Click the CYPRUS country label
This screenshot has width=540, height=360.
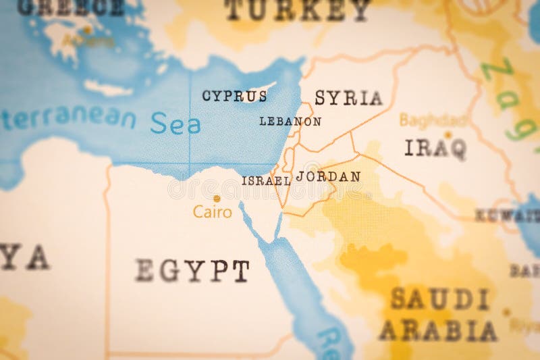234,96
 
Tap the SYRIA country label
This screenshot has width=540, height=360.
348,98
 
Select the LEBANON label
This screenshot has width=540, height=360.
290,122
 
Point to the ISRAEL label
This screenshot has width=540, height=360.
266,181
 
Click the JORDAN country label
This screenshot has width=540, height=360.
328,176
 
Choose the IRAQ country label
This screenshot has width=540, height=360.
435,148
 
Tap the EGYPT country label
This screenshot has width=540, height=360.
192,270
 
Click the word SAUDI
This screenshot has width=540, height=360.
439,299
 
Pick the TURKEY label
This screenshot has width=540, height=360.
297,10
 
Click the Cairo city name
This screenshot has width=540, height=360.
213,212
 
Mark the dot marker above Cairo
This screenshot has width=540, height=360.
217,199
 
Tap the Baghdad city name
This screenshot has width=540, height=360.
433,120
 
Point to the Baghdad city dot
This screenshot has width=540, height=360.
448,135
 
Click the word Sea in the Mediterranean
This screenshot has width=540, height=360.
175,124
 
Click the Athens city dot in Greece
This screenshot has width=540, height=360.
87,30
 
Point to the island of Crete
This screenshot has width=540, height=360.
108,88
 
